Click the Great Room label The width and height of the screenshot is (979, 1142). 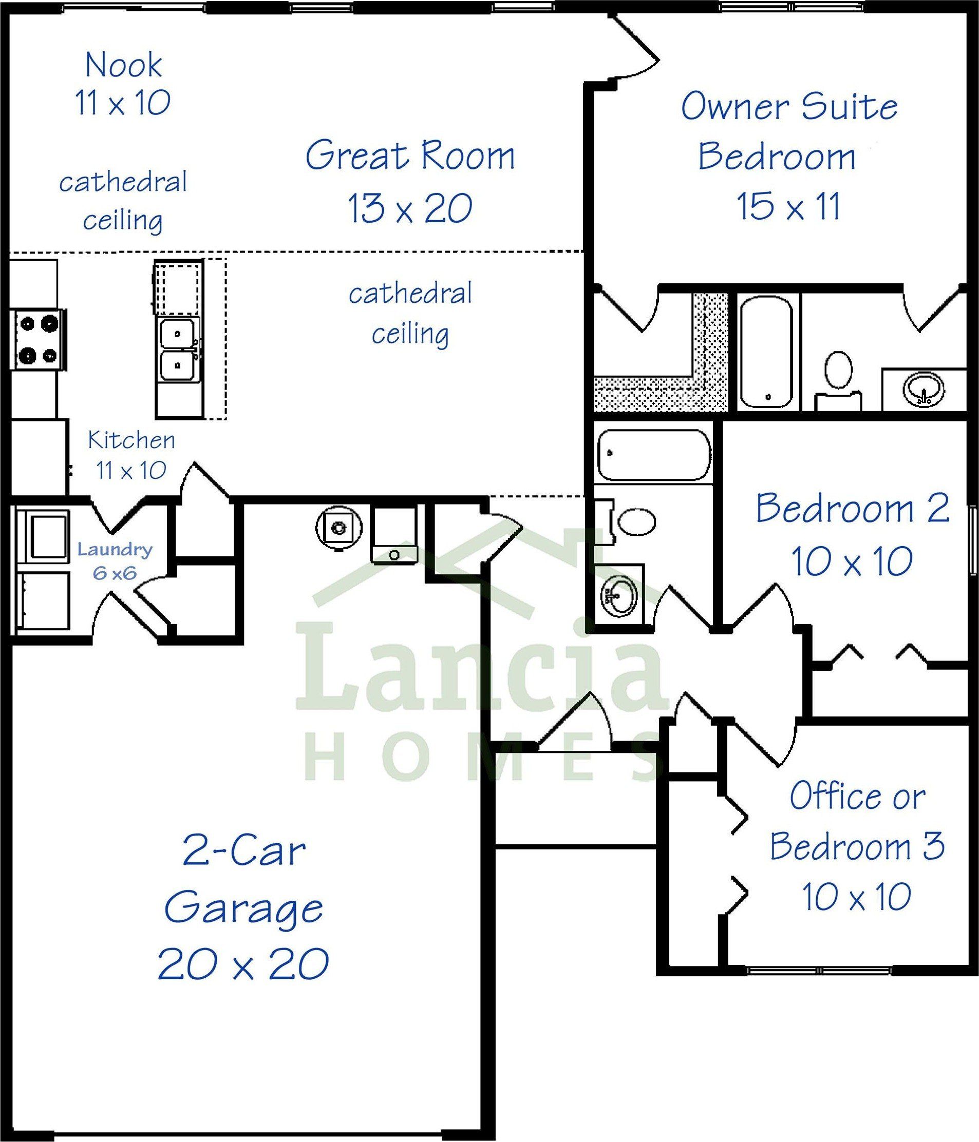(x=410, y=157)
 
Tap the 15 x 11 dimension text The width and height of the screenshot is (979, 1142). (x=789, y=206)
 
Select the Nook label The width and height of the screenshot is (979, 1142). (x=124, y=65)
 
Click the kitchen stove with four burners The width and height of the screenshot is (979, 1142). (x=37, y=338)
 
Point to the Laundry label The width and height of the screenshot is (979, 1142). (x=115, y=550)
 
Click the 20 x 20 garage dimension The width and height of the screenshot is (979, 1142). (x=243, y=963)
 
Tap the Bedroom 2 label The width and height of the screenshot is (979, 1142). (x=852, y=508)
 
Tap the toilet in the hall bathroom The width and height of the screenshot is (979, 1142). (x=628, y=521)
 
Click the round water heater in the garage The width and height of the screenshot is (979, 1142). (x=338, y=528)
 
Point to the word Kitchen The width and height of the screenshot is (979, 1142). (x=132, y=440)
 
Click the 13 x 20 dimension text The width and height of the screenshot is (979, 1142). (x=410, y=208)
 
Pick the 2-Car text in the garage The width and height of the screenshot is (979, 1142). (x=243, y=851)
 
